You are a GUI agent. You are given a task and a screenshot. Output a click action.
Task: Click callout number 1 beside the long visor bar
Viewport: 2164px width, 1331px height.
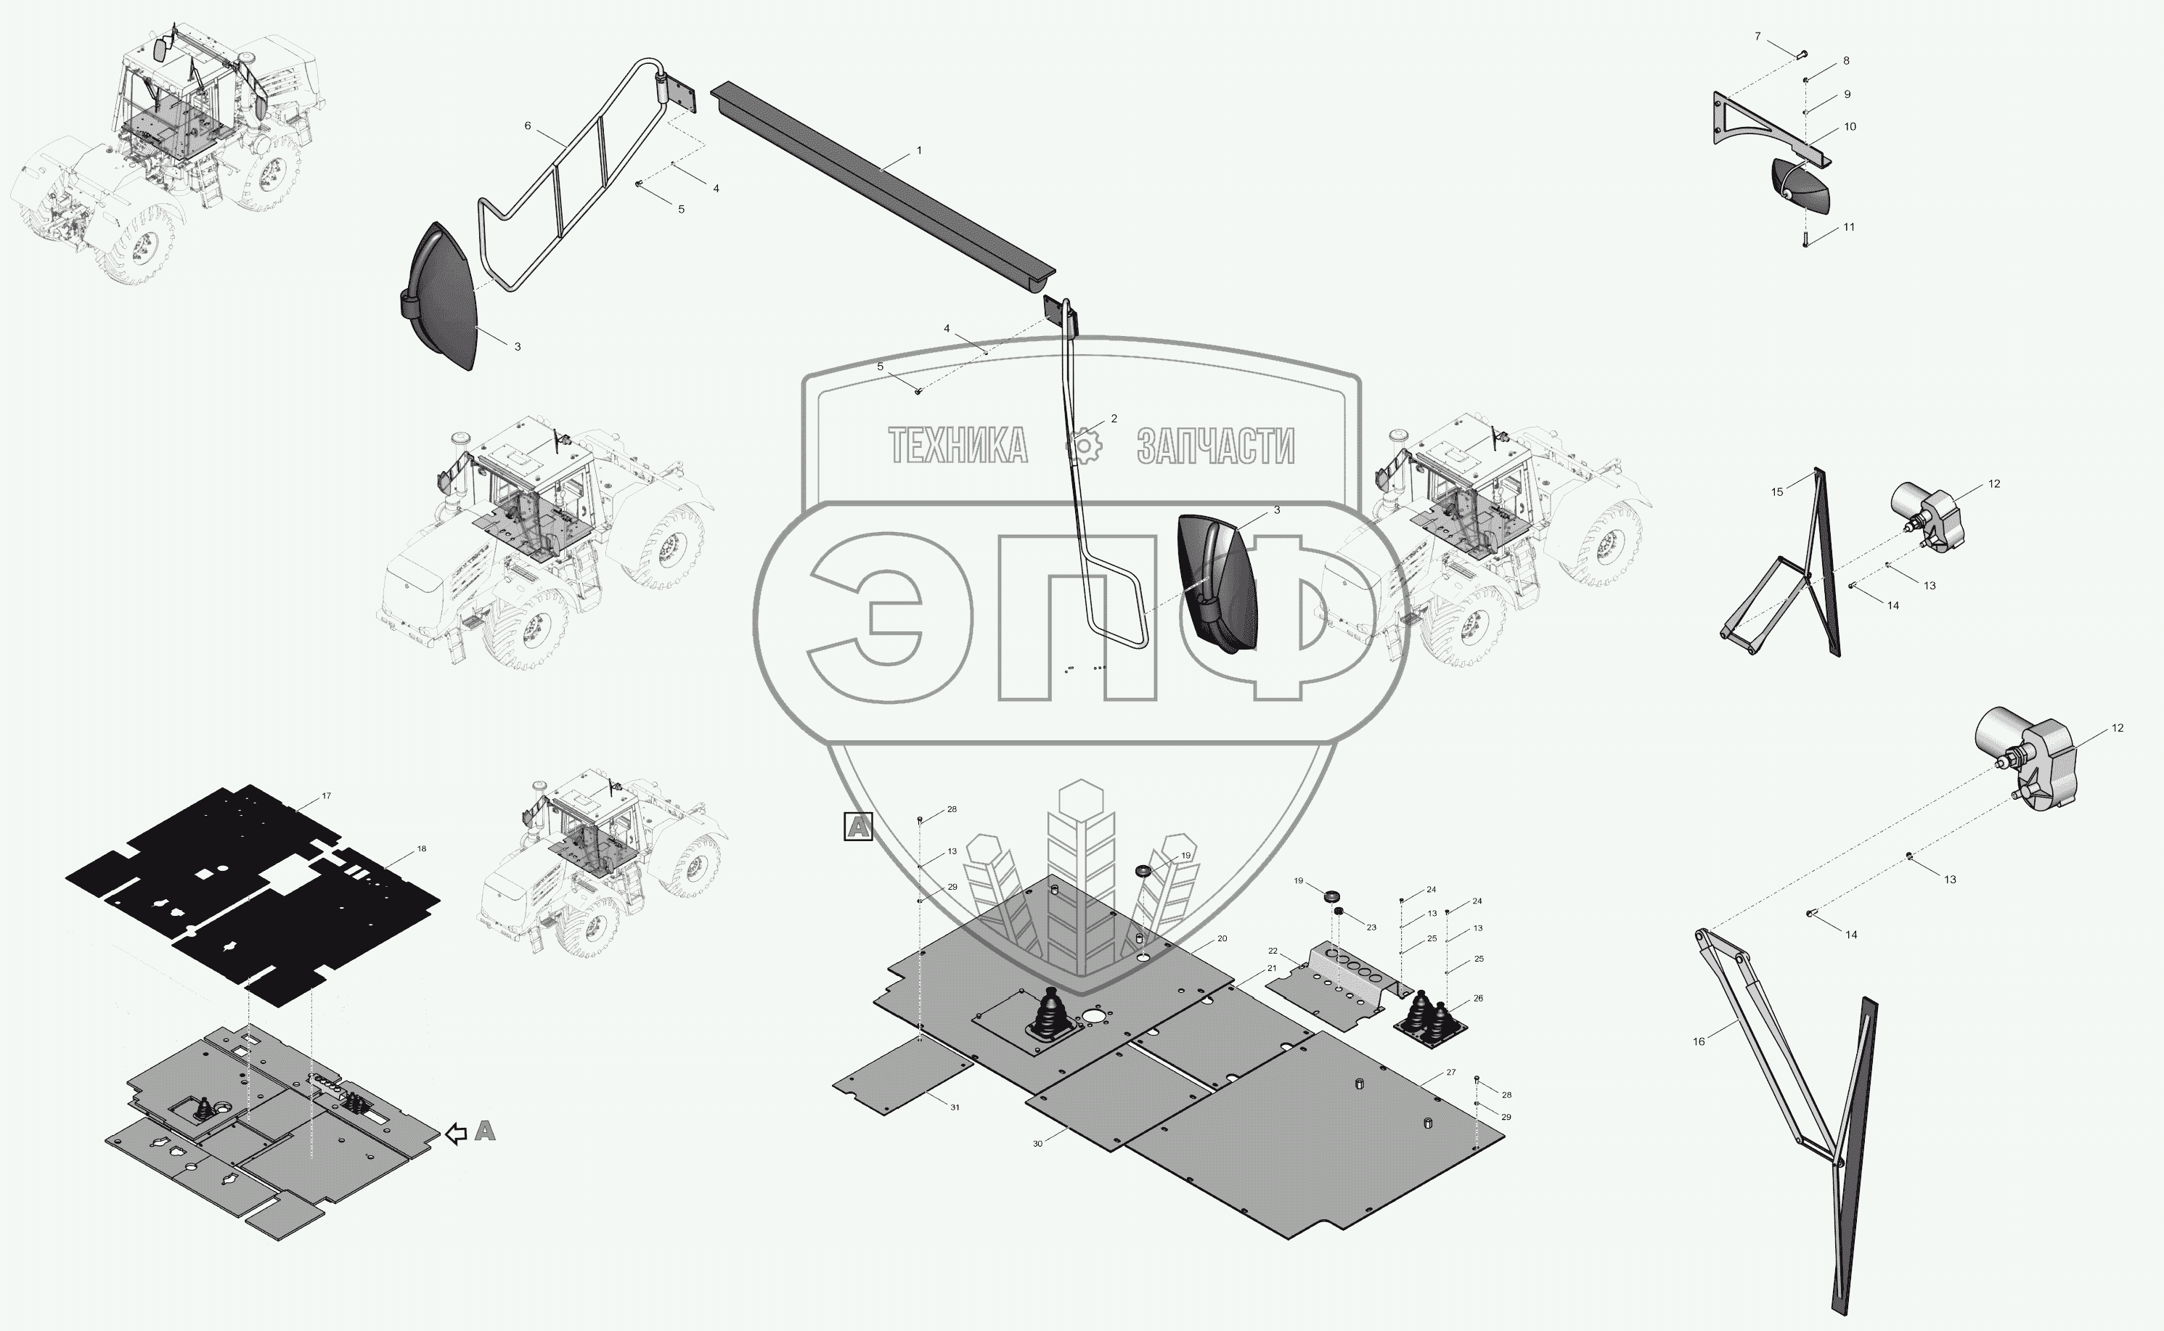click(x=919, y=150)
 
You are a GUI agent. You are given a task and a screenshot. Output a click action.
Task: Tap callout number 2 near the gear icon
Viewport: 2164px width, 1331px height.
click(x=1114, y=419)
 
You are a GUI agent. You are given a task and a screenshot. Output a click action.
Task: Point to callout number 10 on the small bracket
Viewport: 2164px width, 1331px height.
click(x=1850, y=127)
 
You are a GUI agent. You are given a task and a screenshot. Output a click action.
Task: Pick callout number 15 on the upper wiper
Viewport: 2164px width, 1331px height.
click(x=1776, y=492)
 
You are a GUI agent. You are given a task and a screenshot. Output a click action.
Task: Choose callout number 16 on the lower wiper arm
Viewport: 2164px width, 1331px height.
click(x=1698, y=1041)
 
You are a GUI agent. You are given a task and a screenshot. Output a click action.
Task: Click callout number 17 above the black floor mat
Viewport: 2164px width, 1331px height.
click(x=326, y=796)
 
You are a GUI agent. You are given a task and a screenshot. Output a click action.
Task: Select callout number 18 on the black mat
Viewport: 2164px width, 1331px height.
click(x=422, y=848)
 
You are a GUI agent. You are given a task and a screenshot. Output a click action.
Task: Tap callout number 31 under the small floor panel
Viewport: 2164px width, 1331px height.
click(x=955, y=1107)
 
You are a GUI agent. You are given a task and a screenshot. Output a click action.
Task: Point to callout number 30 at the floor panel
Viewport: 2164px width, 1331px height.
click(x=1037, y=1144)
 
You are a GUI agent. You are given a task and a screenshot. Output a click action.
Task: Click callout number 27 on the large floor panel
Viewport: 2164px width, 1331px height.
click(x=1451, y=1072)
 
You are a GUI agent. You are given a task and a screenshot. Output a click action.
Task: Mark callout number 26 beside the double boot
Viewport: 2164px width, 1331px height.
click(x=1478, y=999)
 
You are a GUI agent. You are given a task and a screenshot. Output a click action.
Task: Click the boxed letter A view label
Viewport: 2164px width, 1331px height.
click(x=857, y=827)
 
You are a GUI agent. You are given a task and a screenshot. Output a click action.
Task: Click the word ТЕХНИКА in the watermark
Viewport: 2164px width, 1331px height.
click(x=958, y=446)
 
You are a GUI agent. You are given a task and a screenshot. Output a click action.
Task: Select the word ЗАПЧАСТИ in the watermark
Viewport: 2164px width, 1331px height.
click(x=1215, y=446)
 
